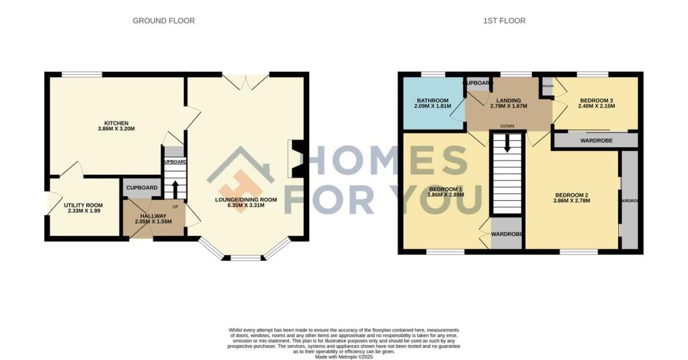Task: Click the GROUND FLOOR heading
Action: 163,21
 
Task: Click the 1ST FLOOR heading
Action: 504,21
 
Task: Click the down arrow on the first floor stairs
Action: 507,142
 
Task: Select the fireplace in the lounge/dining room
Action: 296,159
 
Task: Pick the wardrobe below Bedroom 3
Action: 595,141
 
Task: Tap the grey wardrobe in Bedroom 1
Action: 507,234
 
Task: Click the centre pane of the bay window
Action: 246,257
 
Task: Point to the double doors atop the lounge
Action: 246,82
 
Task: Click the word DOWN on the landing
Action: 507,126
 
